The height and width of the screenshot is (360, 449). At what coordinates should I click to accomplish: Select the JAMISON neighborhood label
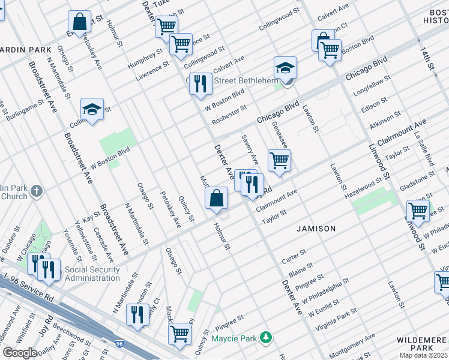click(316, 229)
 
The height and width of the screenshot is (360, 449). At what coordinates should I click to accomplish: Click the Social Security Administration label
click(92, 274)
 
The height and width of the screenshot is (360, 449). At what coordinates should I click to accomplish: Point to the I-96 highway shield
click(119, 344)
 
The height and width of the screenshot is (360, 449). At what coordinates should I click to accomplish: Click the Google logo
click(20, 353)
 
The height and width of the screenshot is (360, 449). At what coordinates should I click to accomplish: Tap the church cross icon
click(37, 191)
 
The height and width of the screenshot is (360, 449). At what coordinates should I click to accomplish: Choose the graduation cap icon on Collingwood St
click(92, 110)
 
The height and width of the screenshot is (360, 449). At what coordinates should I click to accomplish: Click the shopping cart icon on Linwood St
click(418, 211)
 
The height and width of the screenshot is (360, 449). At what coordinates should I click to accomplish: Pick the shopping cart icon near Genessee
click(279, 160)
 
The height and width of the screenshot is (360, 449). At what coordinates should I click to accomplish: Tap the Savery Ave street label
click(250, 150)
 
